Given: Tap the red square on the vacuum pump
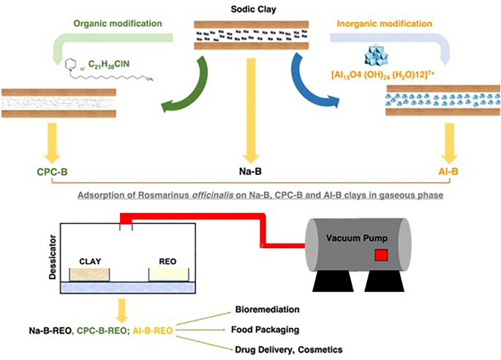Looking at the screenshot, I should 380,255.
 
